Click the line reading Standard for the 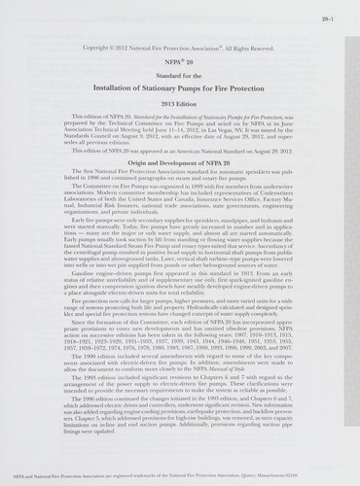(x=181, y=76)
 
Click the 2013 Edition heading (x=181, y=103)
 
